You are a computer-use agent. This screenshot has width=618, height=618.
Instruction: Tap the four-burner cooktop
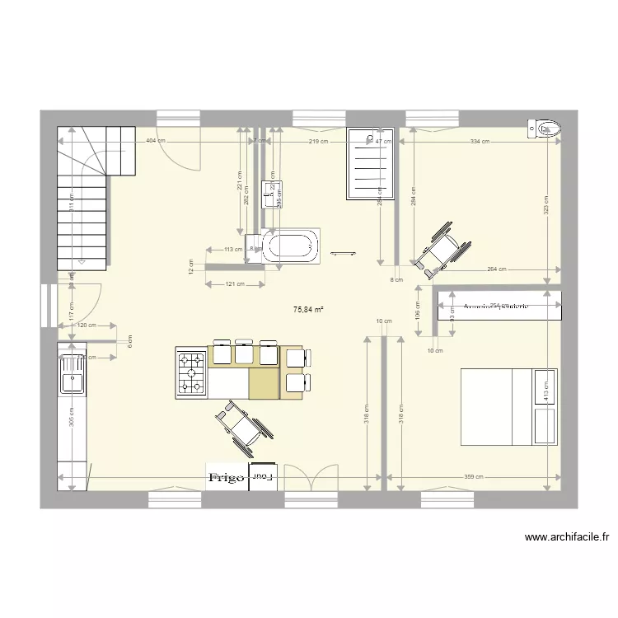(191, 372)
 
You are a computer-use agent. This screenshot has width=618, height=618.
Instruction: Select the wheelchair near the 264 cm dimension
(442, 246)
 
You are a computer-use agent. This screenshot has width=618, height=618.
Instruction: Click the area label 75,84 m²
(307, 310)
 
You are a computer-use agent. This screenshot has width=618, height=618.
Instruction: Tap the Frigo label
(226, 477)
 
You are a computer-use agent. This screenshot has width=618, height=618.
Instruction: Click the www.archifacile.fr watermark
(567, 538)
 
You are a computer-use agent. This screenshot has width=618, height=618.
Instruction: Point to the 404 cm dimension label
(154, 141)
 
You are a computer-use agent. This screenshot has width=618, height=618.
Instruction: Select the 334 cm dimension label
(480, 141)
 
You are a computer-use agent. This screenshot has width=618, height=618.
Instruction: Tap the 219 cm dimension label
(319, 141)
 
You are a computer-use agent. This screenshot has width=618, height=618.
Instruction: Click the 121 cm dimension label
(235, 285)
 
